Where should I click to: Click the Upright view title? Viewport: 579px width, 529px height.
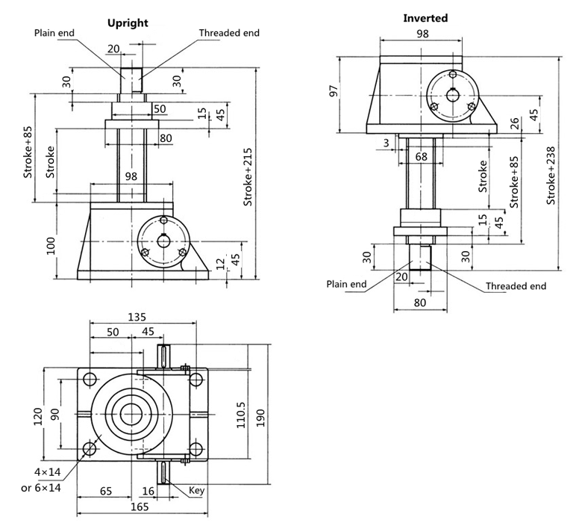point(128,23)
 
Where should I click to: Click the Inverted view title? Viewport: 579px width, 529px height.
point(425,18)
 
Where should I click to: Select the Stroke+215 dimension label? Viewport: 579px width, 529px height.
point(248,177)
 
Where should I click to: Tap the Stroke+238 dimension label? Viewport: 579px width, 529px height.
point(551,176)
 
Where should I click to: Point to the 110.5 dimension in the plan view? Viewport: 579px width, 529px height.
point(241,415)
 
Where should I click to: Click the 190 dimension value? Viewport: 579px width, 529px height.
point(260,418)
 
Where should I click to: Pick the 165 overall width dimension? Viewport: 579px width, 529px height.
point(140,507)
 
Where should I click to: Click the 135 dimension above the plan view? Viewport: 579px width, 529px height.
point(137,318)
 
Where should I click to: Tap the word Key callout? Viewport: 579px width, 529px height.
point(196,491)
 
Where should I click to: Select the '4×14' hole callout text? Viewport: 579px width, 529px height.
point(48,472)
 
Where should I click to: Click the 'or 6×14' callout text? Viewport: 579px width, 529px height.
point(41,488)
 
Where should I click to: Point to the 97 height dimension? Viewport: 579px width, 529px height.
point(334,91)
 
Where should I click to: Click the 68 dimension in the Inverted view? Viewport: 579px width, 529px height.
point(422,157)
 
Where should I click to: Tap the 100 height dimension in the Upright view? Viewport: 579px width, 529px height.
point(51,246)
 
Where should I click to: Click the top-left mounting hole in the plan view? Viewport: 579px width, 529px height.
point(90,379)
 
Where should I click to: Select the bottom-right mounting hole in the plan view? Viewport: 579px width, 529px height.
point(195,450)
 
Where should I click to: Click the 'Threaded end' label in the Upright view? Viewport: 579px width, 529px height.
point(229,33)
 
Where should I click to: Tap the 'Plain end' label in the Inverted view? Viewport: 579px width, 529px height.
point(346,284)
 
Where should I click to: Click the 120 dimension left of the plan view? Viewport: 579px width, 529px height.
point(38,417)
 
